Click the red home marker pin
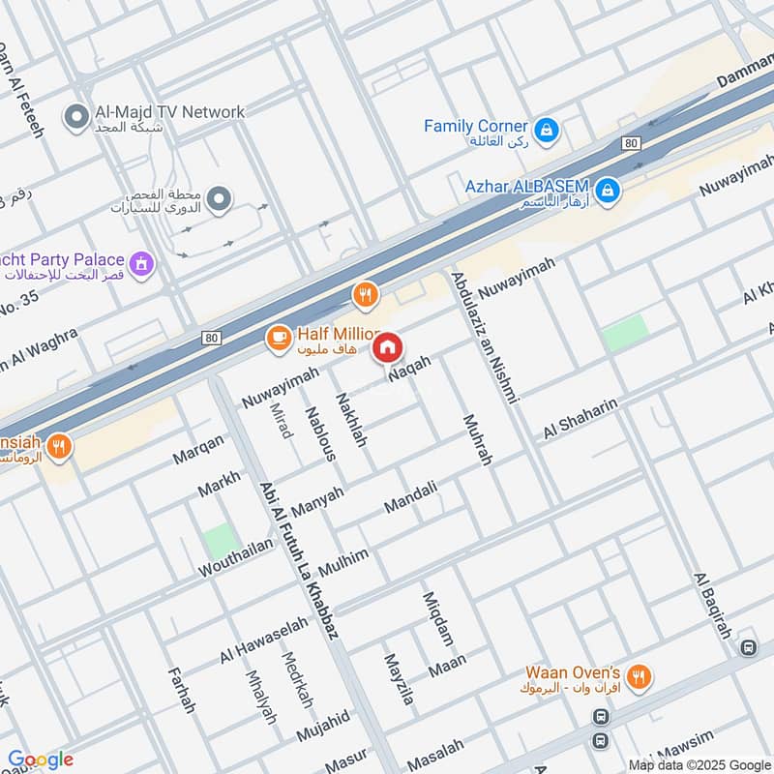[x=388, y=347]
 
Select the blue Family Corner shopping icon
[x=547, y=129]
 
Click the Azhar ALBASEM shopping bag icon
[x=607, y=191]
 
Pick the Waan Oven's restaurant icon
[x=638, y=677]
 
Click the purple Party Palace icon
[x=142, y=262]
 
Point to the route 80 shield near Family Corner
[x=631, y=144]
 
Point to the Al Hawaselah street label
[x=262, y=640]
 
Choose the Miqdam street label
[x=436, y=619]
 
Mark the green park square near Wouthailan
[x=221, y=540]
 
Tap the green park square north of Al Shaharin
[x=625, y=334]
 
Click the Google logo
[x=41, y=759]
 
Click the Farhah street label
[x=181, y=690]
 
